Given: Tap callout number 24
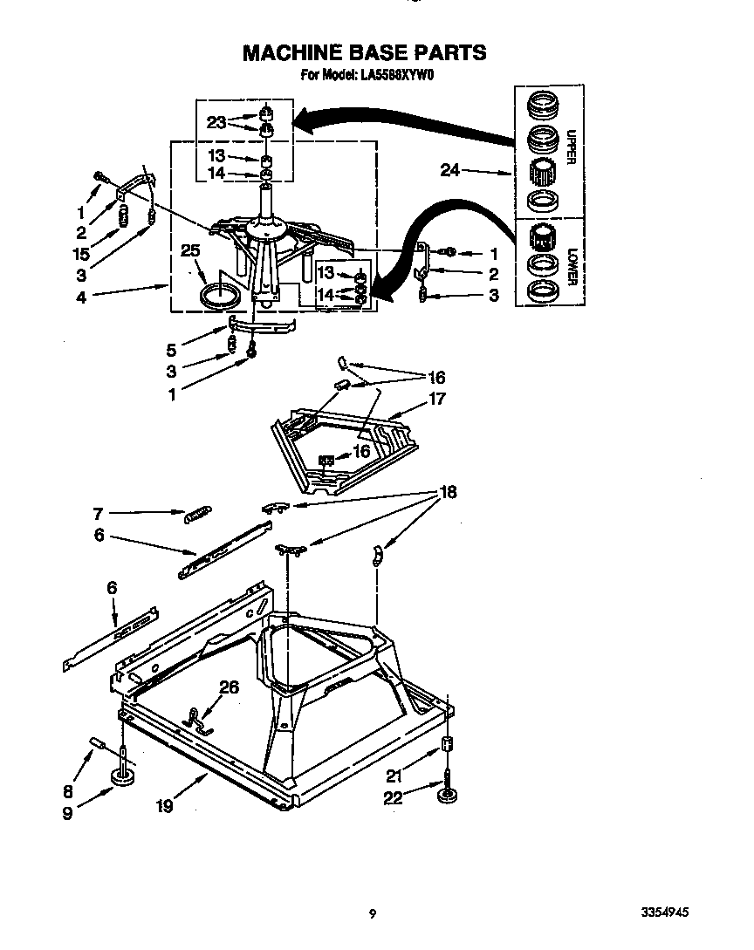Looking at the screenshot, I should click(x=449, y=171).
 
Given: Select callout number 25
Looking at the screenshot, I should click(x=190, y=250).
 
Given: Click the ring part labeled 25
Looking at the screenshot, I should click(x=219, y=294).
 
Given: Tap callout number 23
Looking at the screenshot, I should click(x=216, y=123).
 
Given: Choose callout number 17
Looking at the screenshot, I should click(x=436, y=400).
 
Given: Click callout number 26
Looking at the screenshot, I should click(x=229, y=687).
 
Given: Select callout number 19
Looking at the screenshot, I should click(x=163, y=806).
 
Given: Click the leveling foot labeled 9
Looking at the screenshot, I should click(x=121, y=778).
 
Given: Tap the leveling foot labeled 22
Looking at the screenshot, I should click(x=449, y=796).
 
